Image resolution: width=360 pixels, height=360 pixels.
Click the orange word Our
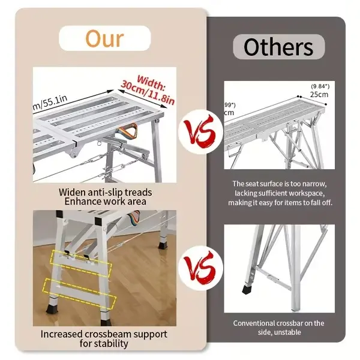104,38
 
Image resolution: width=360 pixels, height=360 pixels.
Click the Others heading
278,47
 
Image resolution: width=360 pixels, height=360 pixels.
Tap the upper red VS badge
200,132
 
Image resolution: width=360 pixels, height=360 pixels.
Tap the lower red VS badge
200,268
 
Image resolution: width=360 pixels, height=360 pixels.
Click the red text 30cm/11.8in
148,92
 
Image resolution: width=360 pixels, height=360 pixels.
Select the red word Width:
151,83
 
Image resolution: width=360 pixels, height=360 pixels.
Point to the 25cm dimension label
319,94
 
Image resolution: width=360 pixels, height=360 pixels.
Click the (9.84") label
320,86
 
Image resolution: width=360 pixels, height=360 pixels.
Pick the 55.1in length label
50,103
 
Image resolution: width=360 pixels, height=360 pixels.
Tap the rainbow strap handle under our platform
128,131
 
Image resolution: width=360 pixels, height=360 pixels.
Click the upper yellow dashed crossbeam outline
81,263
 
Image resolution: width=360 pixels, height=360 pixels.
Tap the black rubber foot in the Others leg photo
247,290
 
